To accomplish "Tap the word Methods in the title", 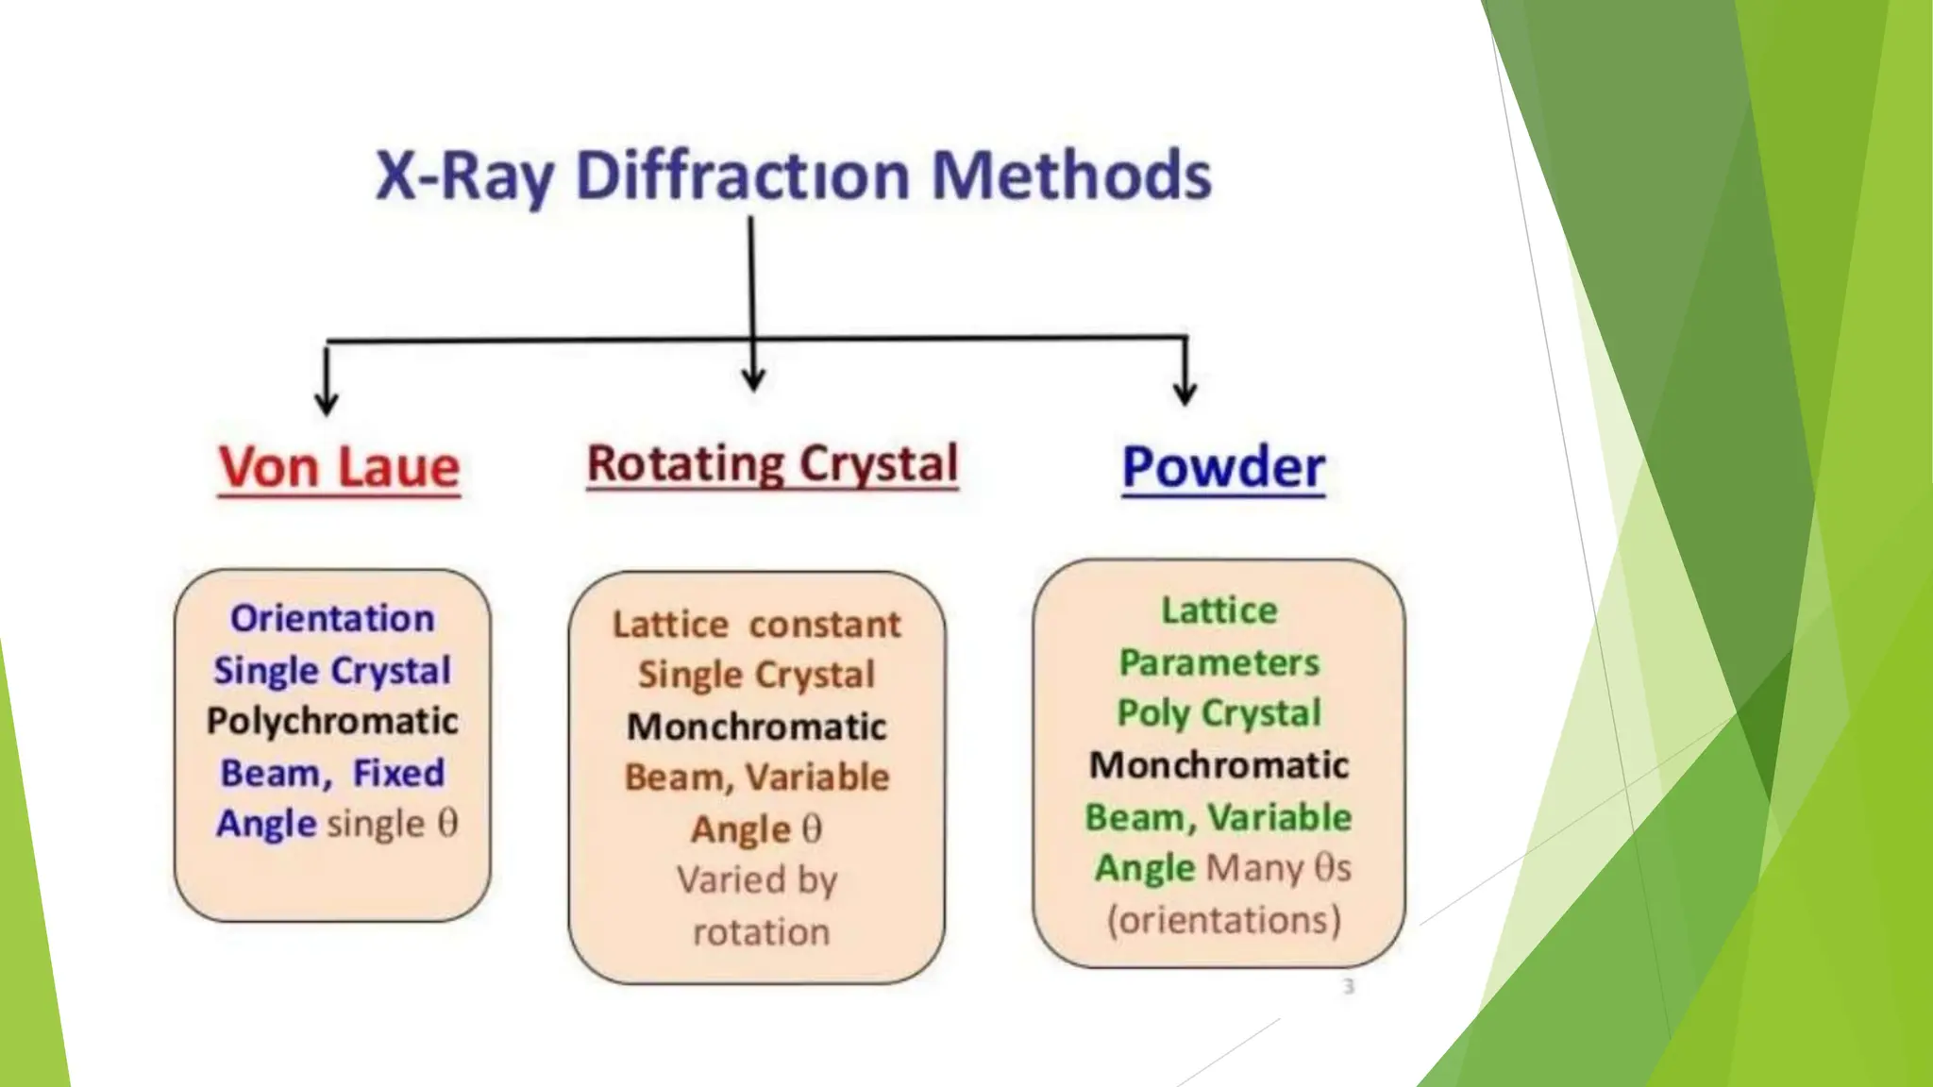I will pyautogui.click(x=1071, y=176).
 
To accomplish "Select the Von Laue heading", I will pyautogui.click(x=339, y=467).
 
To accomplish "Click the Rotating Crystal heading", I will pyautogui.click(x=772, y=464).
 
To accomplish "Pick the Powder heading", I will pyautogui.click(x=1223, y=467).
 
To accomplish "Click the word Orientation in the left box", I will pyautogui.click(x=332, y=618).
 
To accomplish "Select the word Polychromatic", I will pyautogui.click(x=332, y=721).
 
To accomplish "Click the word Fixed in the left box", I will pyautogui.click(x=398, y=773).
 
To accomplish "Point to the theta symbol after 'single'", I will pyautogui.click(x=447, y=823).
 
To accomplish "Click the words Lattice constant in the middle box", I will pyautogui.click(x=756, y=625).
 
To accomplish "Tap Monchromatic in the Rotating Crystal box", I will pyautogui.click(x=756, y=727).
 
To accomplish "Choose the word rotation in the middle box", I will pyautogui.click(x=761, y=932).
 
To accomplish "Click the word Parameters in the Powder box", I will pyautogui.click(x=1219, y=662).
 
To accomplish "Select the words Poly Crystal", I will pyautogui.click(x=1219, y=713).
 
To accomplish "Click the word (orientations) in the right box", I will pyautogui.click(x=1223, y=920).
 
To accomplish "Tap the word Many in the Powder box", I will pyautogui.click(x=1254, y=868).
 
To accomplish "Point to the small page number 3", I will pyautogui.click(x=1349, y=986).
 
